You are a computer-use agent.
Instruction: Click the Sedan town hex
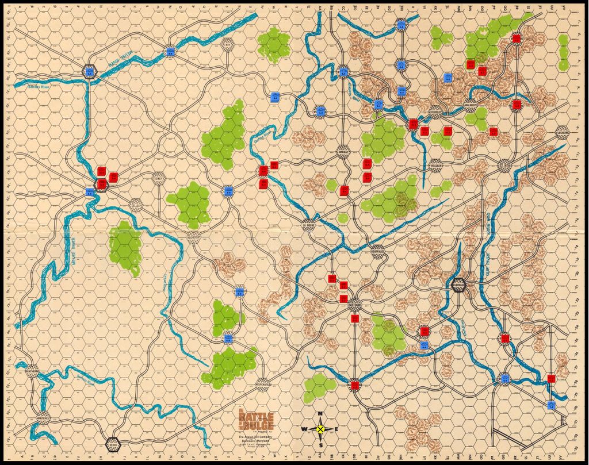click(x=113, y=444)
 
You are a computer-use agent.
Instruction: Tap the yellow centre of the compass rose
click(x=321, y=429)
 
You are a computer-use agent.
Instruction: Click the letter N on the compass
click(x=321, y=415)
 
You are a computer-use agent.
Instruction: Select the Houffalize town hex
click(x=378, y=252)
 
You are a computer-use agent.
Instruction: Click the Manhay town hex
click(x=343, y=151)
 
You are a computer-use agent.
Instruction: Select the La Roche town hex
click(x=309, y=225)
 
